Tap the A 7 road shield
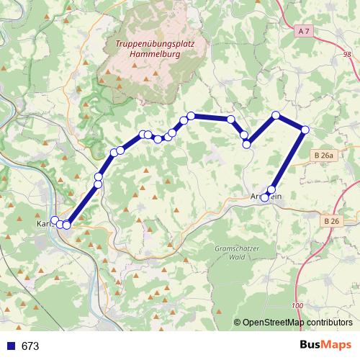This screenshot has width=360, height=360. tap(303, 31)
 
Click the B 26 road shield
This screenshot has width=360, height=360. tap(330, 220)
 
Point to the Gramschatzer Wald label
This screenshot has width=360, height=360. tap(235, 251)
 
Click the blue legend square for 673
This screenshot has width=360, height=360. tap(11, 346)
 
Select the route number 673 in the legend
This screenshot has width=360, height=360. tap(30, 346)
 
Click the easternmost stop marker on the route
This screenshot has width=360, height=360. tap(305, 130)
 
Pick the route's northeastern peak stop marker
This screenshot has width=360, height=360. tap(275, 115)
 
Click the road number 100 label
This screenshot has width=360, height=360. tap(298, 306)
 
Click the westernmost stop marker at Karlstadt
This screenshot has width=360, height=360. tap(54, 220)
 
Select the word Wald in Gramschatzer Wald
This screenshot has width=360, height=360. tap(235, 256)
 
